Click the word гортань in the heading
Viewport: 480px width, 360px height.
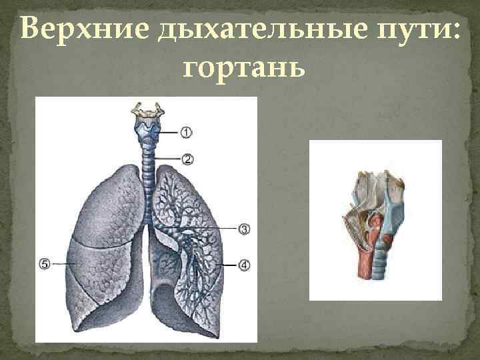242,67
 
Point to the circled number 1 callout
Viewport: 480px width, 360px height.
186,132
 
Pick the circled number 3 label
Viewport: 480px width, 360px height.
244,229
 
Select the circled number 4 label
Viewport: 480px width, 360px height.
244,265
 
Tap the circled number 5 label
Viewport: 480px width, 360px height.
45,264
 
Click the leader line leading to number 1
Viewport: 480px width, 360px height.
168,132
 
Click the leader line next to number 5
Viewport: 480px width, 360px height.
63,264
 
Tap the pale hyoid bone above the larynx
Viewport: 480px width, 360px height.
149,109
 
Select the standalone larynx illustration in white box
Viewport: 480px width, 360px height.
375,220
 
